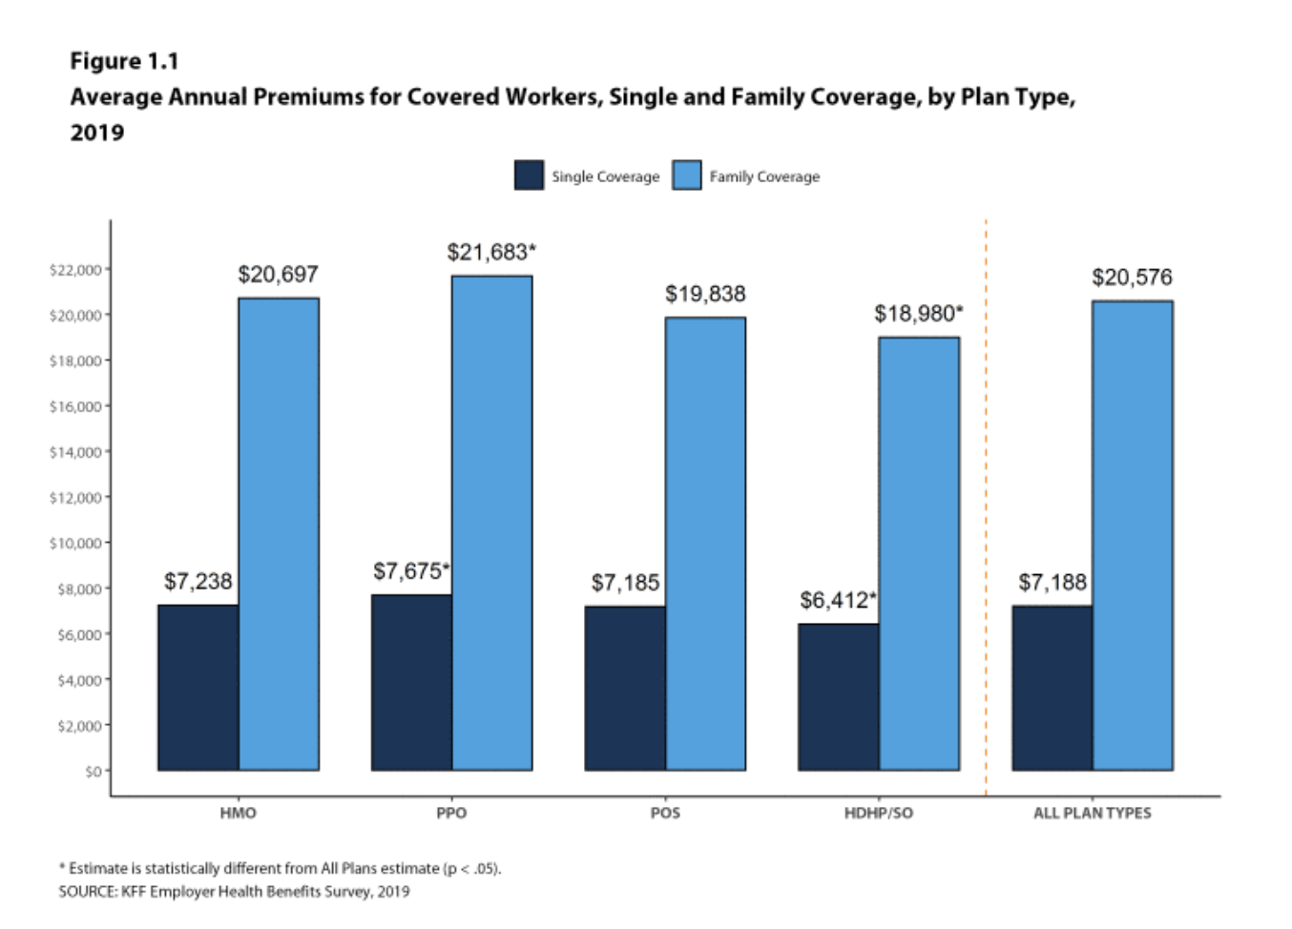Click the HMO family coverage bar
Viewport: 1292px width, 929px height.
tap(279, 534)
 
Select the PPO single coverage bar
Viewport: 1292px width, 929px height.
tap(411, 682)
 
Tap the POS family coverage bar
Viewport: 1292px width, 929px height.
tap(705, 544)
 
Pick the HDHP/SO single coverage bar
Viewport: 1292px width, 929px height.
tap(838, 696)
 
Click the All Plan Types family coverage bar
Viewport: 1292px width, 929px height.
tap(1133, 535)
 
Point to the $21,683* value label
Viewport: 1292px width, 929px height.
tap(491, 253)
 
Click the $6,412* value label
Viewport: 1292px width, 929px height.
tap(838, 600)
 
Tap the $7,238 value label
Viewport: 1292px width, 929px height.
tap(198, 581)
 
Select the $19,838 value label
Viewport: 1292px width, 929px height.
tap(705, 294)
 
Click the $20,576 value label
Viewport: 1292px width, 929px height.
tap(1132, 278)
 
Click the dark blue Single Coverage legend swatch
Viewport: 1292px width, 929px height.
tap(529, 175)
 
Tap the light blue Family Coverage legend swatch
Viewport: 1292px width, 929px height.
tap(687, 175)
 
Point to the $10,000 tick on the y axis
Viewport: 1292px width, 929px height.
tap(75, 544)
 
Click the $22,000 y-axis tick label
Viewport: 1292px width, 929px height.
tap(75, 270)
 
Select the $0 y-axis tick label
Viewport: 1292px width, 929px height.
tap(93, 771)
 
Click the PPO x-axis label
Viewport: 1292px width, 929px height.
tap(451, 813)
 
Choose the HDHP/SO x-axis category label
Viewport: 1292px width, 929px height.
tap(878, 813)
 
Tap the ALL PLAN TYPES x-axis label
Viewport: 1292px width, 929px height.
tap(1092, 813)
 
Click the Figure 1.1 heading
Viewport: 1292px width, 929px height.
tap(124, 61)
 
